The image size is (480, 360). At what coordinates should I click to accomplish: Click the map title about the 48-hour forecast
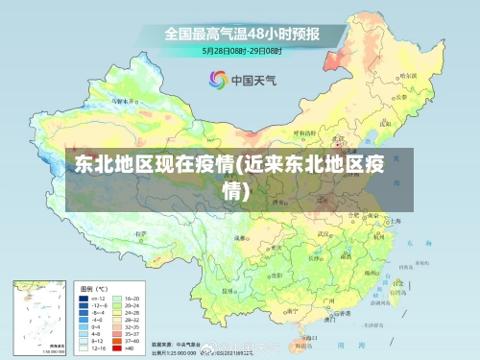coord(242,33)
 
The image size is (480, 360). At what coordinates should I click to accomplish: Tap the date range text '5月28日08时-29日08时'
coord(241,49)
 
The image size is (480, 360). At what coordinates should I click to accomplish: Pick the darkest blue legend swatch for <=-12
coord(84,299)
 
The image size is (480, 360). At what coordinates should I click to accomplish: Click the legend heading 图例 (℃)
coord(93,288)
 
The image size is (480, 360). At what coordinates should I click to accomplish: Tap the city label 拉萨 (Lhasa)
coord(144,233)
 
